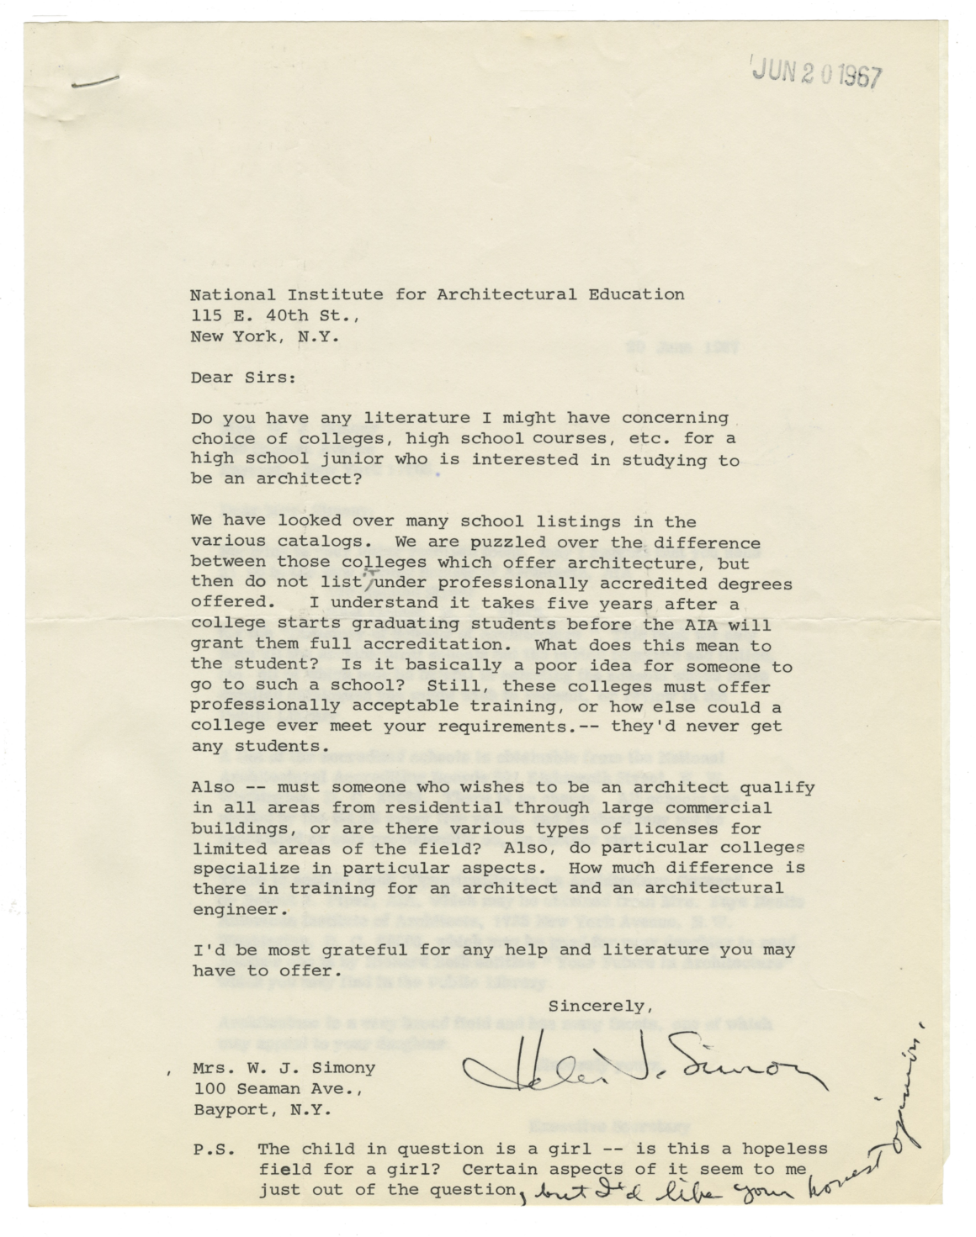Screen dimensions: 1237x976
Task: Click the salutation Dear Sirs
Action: (x=243, y=377)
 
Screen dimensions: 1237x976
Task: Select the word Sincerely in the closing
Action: (x=600, y=1005)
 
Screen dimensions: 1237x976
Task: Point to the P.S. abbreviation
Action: (x=212, y=1149)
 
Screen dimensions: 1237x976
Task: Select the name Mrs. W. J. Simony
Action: (x=284, y=1067)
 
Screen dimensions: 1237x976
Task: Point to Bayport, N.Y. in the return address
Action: (x=263, y=1108)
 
